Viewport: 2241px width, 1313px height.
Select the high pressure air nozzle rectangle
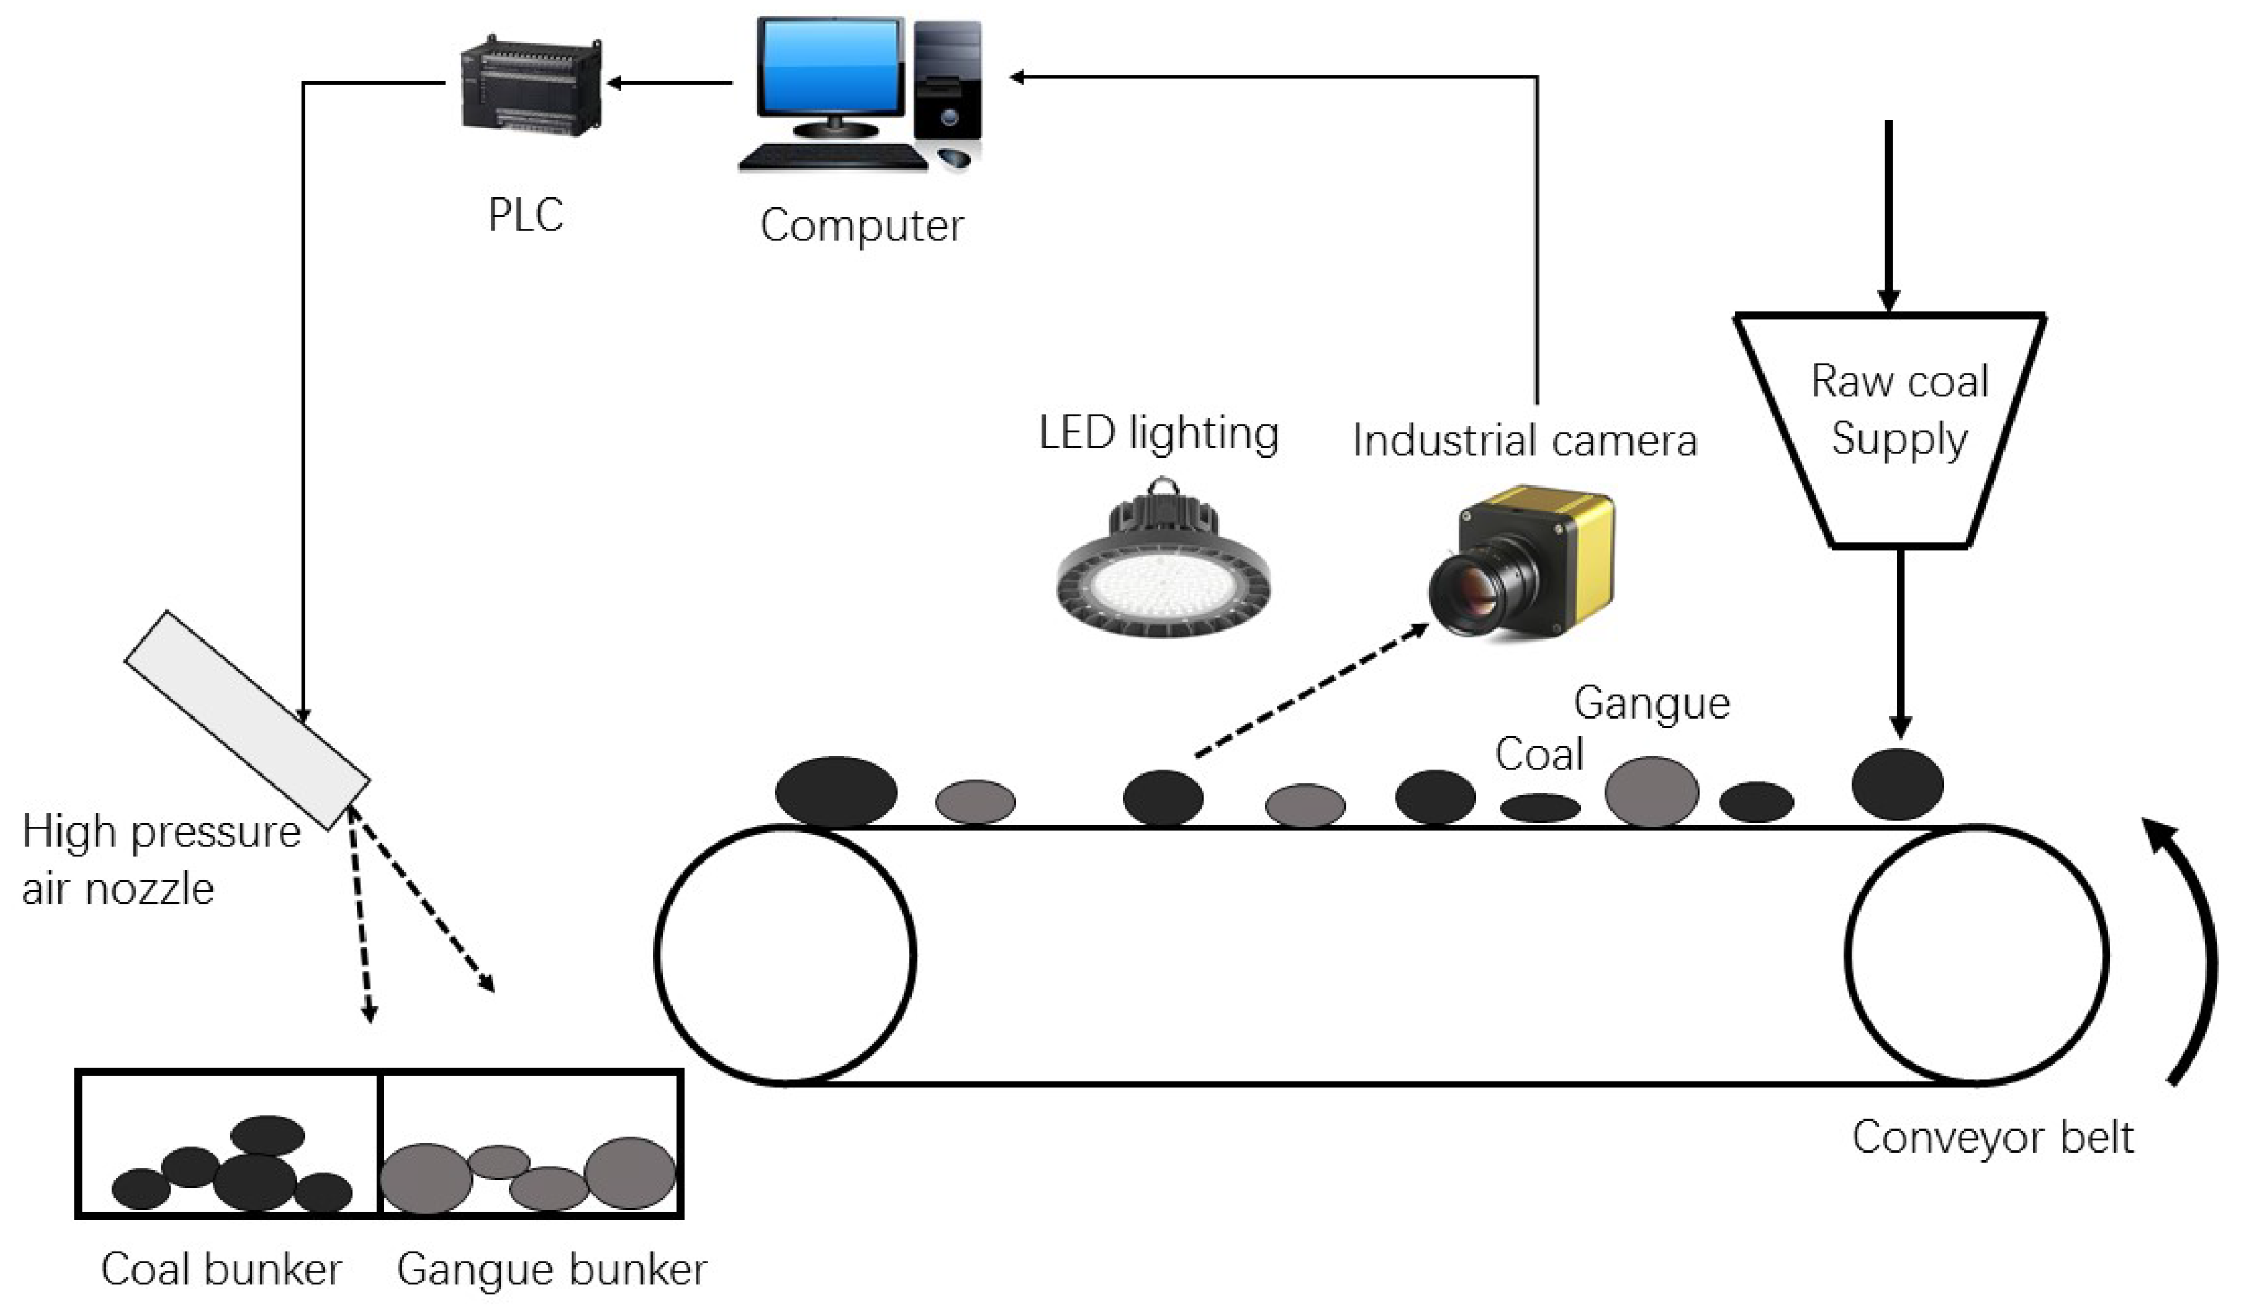[247, 720]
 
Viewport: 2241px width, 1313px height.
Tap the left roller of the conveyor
[785, 956]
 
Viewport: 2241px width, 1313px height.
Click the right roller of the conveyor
[1976, 956]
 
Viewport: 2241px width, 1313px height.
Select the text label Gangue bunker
[551, 1270]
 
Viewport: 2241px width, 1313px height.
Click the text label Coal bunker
[221, 1270]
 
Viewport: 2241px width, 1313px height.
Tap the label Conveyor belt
[1993, 1137]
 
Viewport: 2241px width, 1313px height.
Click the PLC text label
[526, 215]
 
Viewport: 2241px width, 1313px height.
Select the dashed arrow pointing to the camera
[1311, 691]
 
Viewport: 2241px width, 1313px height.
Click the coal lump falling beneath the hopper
[1897, 784]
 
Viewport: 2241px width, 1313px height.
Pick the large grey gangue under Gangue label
[1651, 791]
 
